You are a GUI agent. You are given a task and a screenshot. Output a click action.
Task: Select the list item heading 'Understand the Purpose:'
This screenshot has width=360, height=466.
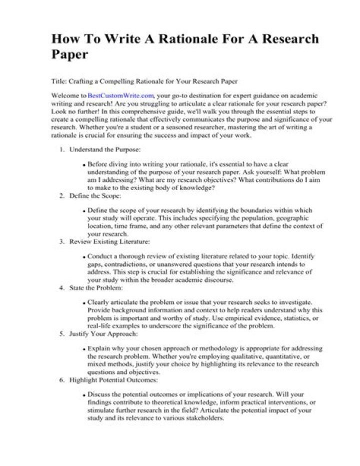click(98, 149)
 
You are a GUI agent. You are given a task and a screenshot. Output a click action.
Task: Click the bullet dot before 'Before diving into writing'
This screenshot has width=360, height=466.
click(84, 165)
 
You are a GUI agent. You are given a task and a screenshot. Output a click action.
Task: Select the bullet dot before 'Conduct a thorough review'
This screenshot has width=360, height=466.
click(84, 257)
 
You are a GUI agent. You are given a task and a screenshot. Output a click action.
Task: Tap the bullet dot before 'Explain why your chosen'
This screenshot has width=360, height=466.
click(84, 349)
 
